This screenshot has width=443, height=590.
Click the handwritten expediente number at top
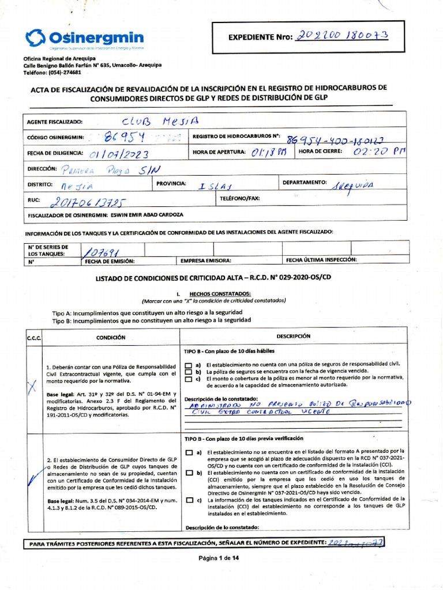click(x=343, y=36)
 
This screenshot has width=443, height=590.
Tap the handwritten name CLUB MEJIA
click(x=160, y=122)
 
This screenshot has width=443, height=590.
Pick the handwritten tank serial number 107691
click(x=104, y=251)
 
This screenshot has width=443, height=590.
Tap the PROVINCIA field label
click(x=170, y=183)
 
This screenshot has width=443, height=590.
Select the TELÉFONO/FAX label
click(x=240, y=198)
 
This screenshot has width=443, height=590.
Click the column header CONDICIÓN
click(x=111, y=338)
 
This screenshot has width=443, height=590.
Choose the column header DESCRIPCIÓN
click(x=293, y=336)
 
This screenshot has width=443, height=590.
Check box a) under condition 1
click(x=188, y=365)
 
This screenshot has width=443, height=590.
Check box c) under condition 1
click(x=188, y=379)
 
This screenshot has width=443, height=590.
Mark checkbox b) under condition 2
click(x=188, y=473)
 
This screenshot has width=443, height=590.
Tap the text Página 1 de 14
click(x=219, y=558)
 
